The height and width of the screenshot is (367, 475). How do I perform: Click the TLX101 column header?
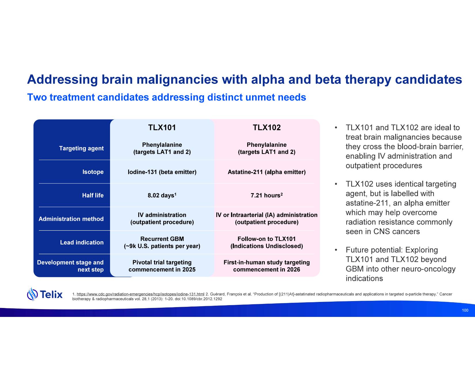pos(162,128)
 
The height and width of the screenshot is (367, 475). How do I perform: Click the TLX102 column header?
pos(266,128)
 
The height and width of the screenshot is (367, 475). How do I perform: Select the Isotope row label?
pos(93,172)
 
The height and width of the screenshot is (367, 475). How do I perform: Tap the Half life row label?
pos(93,195)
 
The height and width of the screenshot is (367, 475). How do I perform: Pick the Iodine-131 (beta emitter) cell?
pos(162,172)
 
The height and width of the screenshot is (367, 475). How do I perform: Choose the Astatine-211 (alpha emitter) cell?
pos(266,172)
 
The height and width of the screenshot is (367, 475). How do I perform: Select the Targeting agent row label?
pos(81,148)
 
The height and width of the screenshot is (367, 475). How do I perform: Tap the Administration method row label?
pos(71,219)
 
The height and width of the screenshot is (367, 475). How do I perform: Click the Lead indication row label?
pos(82,242)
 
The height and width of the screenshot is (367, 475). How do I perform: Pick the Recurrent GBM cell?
pos(162,239)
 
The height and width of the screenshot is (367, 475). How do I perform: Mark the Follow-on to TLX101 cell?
pos(266,239)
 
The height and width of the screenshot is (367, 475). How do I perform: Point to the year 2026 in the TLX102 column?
pos(294,270)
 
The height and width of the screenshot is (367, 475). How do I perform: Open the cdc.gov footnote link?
pos(140,294)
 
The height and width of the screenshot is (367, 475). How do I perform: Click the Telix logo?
pos(45,294)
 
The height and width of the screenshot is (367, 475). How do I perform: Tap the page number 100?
pos(465,310)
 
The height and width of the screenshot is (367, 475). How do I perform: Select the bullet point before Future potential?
pos(336,250)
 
